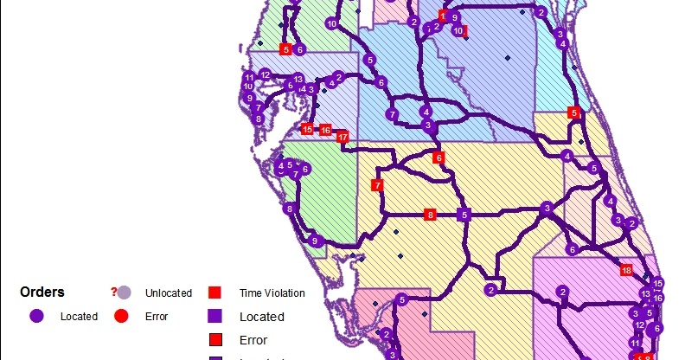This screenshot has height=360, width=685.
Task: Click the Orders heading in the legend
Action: pyautogui.click(x=42, y=292)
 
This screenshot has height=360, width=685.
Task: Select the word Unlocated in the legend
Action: pyautogui.click(x=168, y=293)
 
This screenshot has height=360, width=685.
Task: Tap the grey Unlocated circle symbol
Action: pyautogui.click(x=124, y=292)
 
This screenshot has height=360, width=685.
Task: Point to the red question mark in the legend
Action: pyautogui.click(x=113, y=292)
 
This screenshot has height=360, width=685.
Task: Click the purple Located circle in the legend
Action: pyautogui.click(x=36, y=316)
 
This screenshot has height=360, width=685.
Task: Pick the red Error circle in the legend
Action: pyautogui.click(x=122, y=316)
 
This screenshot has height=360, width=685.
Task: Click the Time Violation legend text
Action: pyautogui.click(x=272, y=293)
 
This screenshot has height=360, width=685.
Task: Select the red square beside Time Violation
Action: pyautogui.click(x=215, y=292)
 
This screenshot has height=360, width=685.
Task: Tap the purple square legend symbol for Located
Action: pyautogui.click(x=215, y=316)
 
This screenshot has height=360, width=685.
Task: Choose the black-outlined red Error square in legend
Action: pyautogui.click(x=215, y=338)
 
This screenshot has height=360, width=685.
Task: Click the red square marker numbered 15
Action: pyautogui.click(x=306, y=129)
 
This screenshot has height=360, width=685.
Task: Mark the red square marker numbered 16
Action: pyautogui.click(x=325, y=130)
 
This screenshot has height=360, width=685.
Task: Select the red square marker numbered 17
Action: pyautogui.click(x=342, y=137)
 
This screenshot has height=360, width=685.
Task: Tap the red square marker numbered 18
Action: pyautogui.click(x=627, y=270)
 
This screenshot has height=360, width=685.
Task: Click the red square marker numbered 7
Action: pyautogui.click(x=376, y=185)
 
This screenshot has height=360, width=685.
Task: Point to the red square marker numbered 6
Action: pyautogui.click(x=439, y=157)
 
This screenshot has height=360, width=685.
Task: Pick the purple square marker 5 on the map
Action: pyautogui.click(x=464, y=215)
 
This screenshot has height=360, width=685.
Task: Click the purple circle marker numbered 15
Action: pyautogui.click(x=657, y=283)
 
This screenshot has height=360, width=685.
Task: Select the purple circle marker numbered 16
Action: pyautogui.click(x=658, y=298)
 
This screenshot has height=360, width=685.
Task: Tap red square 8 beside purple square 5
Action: pyautogui.click(x=430, y=215)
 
